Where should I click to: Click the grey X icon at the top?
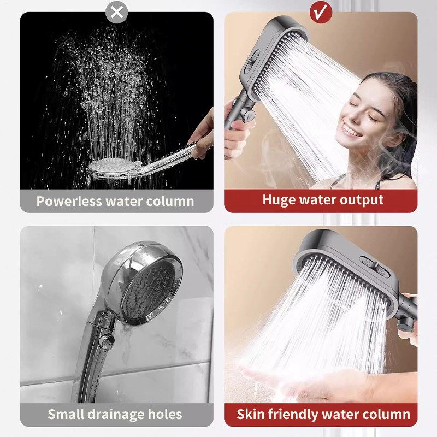[117, 12]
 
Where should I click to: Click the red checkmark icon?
[321, 12]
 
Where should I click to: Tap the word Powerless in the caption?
[69, 201]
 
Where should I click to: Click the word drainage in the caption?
[116, 415]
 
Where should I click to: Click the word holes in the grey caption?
[165, 414]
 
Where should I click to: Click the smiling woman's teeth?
[351, 130]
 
